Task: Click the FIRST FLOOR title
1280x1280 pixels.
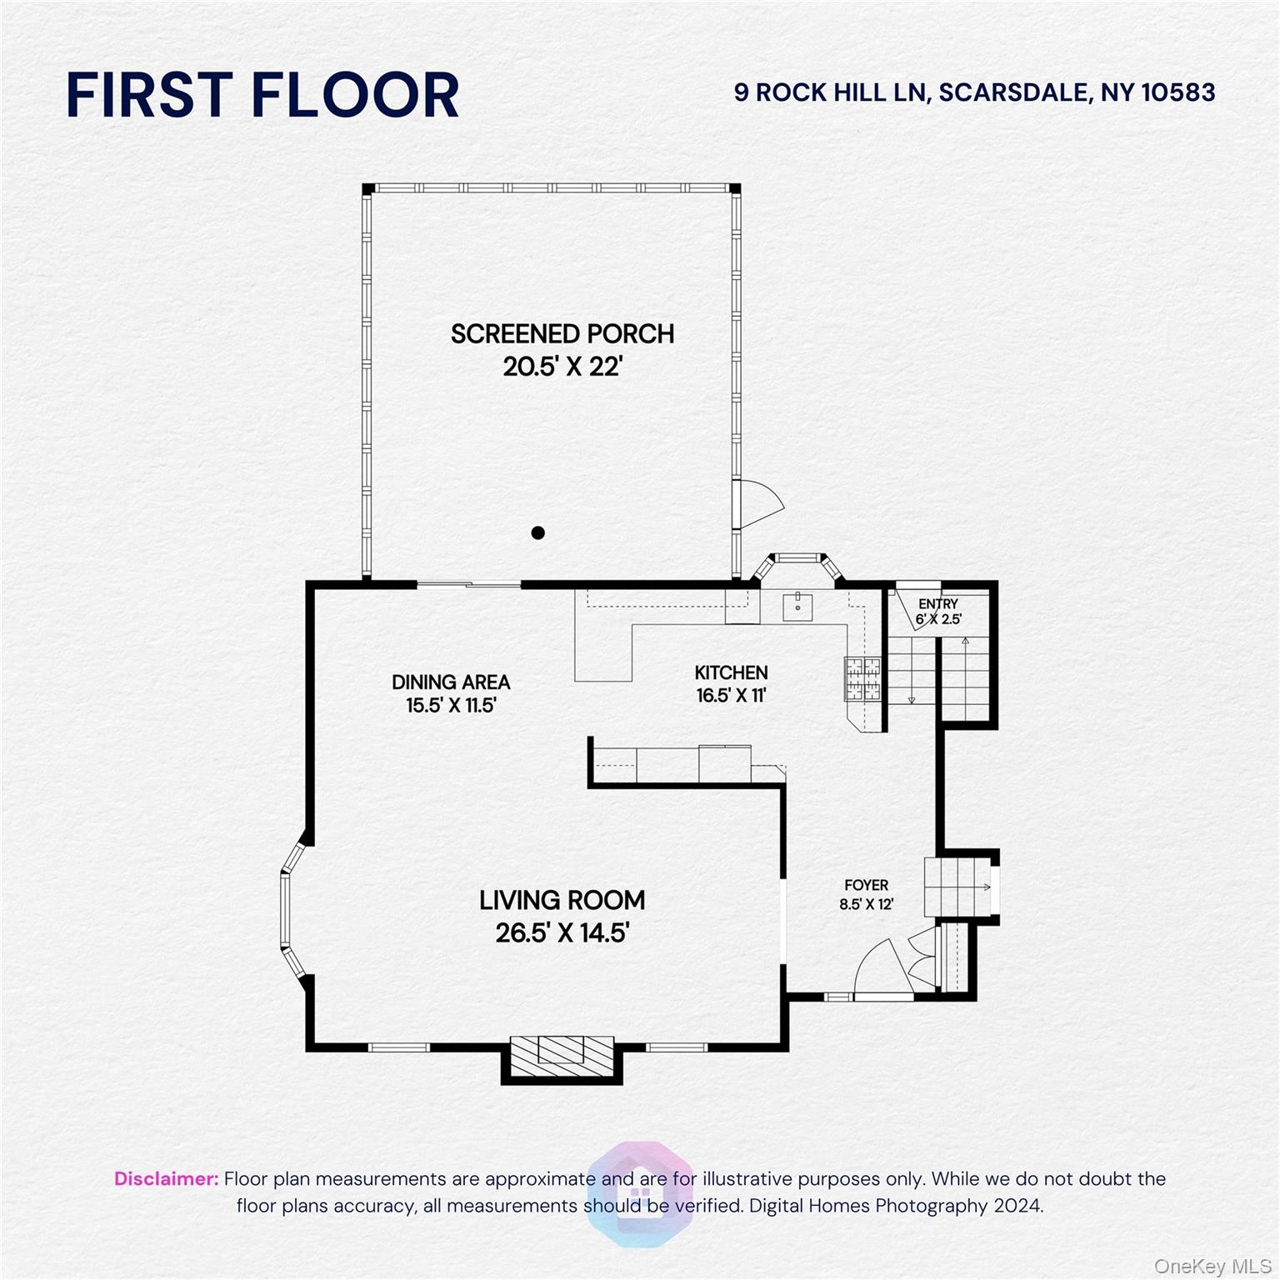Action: click(262, 95)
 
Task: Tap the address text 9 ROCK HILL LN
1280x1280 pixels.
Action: click(830, 92)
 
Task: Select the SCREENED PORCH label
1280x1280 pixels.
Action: click(562, 334)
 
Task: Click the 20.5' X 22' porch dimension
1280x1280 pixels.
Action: click(562, 367)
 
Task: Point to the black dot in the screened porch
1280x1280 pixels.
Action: click(538, 532)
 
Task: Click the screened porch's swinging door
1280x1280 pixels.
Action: click(758, 503)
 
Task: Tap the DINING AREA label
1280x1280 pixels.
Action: click(451, 682)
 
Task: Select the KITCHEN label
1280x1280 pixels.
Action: click(731, 672)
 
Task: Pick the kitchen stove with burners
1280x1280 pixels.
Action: click(862, 678)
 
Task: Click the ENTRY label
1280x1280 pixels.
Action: click(938, 604)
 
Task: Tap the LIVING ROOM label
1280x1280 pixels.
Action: click(562, 901)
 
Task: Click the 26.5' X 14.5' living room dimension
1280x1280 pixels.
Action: click(562, 932)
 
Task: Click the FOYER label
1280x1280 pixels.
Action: click(867, 885)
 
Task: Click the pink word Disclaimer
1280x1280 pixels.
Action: click(166, 1179)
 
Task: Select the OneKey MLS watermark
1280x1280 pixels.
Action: click(1212, 1267)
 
